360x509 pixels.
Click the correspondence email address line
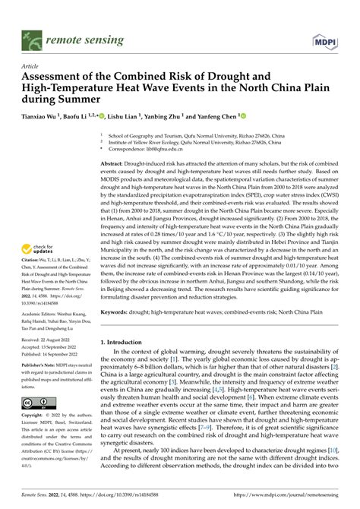tap(148, 150)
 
